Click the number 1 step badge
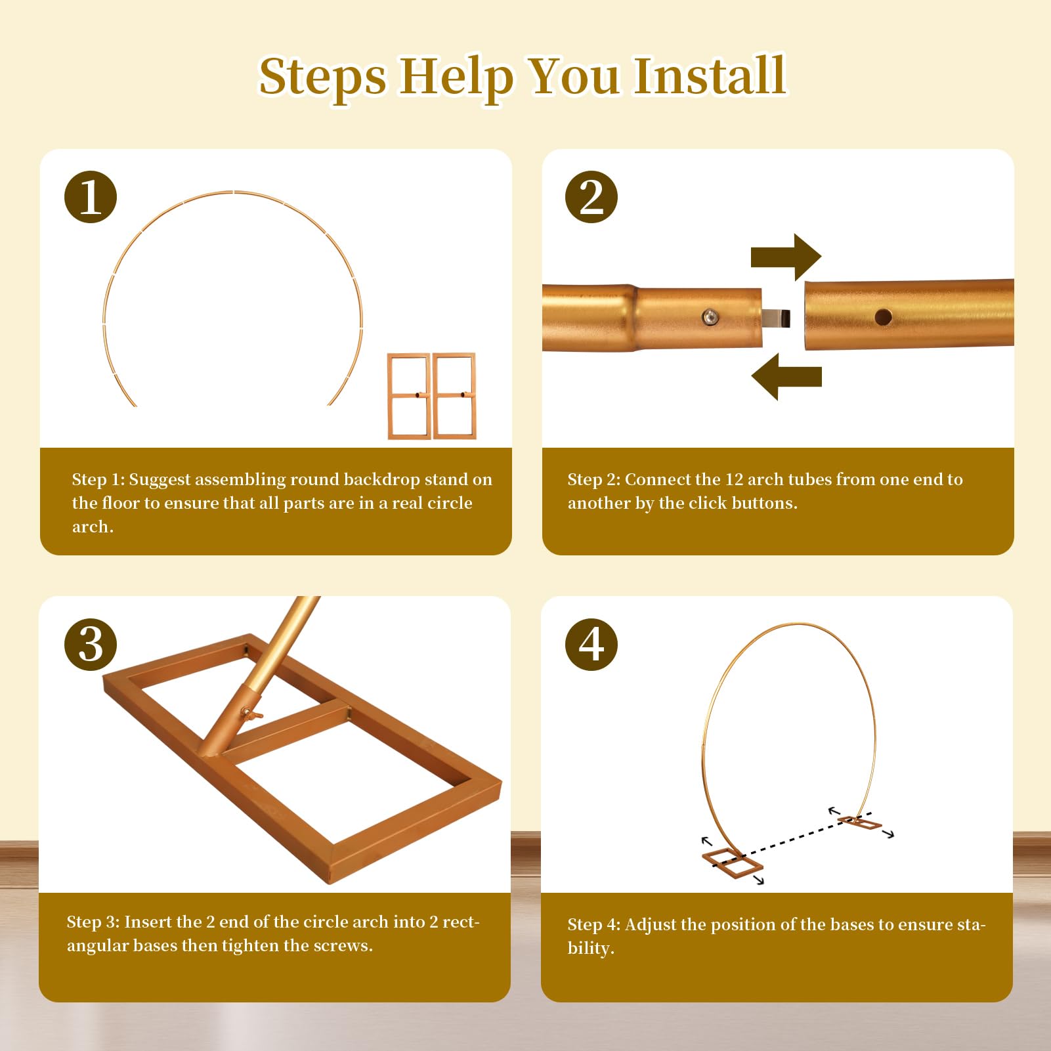(x=91, y=197)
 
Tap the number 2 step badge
(x=591, y=197)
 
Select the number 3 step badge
(x=91, y=645)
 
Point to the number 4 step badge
(x=591, y=645)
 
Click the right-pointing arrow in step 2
(x=786, y=257)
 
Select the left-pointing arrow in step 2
(x=786, y=377)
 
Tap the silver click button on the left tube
(x=710, y=318)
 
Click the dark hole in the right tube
(x=883, y=318)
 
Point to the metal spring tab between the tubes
(x=776, y=318)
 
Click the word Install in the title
(x=710, y=76)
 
